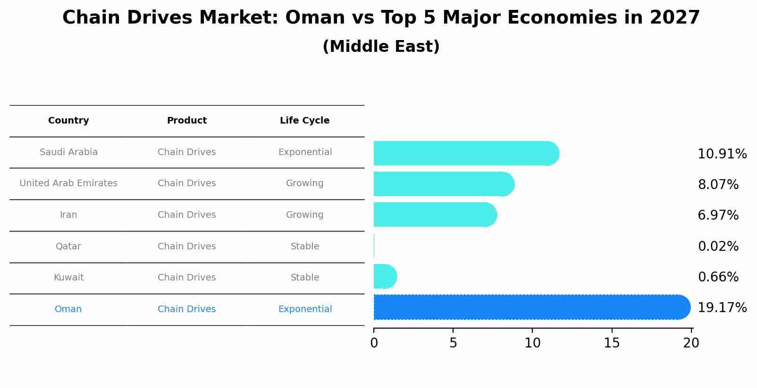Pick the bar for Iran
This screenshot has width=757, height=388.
[x=434, y=215]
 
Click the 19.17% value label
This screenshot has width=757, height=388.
[x=722, y=308]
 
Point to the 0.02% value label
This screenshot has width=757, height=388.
[x=718, y=247]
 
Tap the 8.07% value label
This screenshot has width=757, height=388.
[x=718, y=185]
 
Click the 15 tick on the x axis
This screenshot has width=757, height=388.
[x=612, y=343]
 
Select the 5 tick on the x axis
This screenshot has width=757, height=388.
[x=453, y=343]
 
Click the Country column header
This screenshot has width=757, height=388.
[x=68, y=121]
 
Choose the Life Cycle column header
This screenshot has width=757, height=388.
[x=304, y=121]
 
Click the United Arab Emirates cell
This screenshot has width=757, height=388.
[x=68, y=183]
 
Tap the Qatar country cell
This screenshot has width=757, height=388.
[x=68, y=247]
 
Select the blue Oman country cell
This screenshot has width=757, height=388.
[x=68, y=309]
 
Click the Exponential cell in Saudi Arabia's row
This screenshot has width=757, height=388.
[x=305, y=152]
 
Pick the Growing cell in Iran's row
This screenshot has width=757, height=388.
[x=304, y=215]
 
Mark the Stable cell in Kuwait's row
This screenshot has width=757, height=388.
[x=304, y=278]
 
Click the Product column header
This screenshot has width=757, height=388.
[x=187, y=121]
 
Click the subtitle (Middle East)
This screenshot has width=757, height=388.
[x=381, y=47]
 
